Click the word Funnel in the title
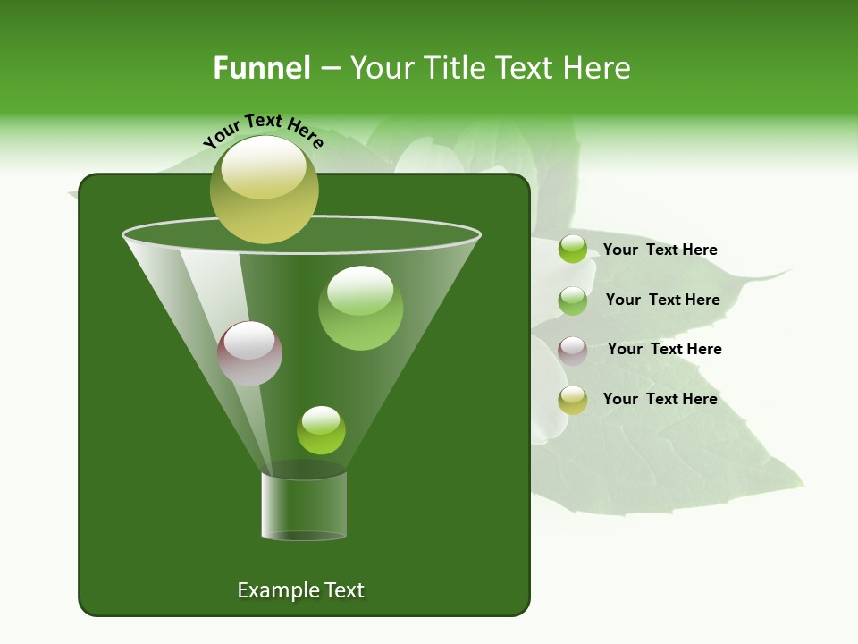(x=261, y=68)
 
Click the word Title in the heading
(x=455, y=68)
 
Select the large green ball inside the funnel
(x=360, y=309)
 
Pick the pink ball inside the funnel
(x=249, y=353)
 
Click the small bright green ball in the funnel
(x=321, y=430)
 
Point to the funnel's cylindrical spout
(x=304, y=505)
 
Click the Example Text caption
(x=300, y=590)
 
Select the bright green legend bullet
(x=573, y=250)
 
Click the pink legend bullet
(x=573, y=350)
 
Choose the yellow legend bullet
(x=573, y=400)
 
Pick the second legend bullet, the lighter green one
(x=573, y=301)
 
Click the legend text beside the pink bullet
(x=664, y=349)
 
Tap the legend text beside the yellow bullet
(x=660, y=399)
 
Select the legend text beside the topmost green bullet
(x=660, y=250)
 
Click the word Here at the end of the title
(x=598, y=68)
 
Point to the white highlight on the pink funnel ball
(x=249, y=341)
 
